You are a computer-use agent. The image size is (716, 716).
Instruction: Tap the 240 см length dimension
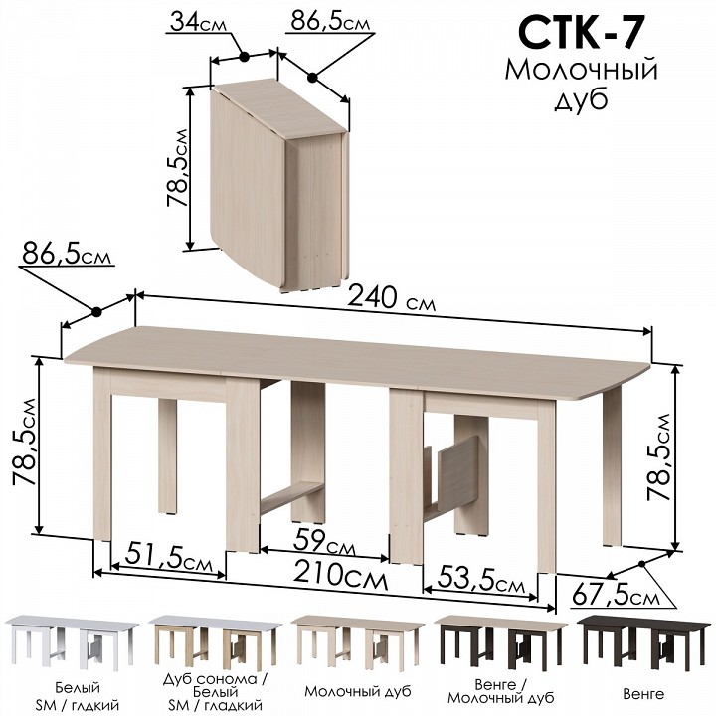(x=392, y=299)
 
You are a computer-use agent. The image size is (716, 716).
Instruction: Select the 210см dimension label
(x=340, y=575)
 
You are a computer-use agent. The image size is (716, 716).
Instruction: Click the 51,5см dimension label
(x=169, y=556)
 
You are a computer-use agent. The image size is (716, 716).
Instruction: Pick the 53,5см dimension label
(x=481, y=580)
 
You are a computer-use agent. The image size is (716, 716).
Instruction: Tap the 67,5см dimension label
(x=616, y=596)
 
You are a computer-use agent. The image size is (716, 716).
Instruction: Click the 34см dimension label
(x=198, y=22)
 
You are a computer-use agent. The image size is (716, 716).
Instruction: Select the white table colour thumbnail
(x=72, y=642)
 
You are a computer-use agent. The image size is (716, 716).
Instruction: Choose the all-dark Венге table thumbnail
(x=643, y=641)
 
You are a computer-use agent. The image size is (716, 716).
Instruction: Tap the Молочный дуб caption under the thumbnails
(x=358, y=692)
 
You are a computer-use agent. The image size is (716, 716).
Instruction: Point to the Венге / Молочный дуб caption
(x=501, y=692)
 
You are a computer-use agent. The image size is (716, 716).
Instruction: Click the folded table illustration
(x=279, y=183)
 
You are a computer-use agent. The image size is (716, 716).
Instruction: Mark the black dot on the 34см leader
(x=244, y=57)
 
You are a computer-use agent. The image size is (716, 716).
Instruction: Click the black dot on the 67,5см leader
(x=641, y=564)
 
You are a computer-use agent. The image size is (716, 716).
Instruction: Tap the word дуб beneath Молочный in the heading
(x=581, y=100)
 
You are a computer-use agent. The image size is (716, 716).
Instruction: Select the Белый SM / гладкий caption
(x=78, y=696)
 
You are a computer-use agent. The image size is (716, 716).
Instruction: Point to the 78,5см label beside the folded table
(x=177, y=168)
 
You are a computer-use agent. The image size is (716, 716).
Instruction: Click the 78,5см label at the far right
(x=659, y=456)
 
